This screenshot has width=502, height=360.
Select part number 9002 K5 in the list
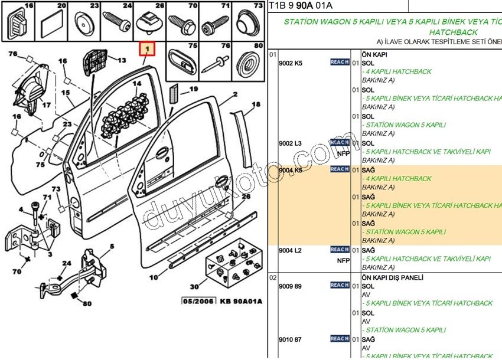point(290,63)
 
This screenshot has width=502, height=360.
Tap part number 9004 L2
point(290,250)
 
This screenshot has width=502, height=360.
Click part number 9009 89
point(290,286)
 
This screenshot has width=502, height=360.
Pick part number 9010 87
point(290,339)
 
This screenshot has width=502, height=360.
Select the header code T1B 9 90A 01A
point(301,6)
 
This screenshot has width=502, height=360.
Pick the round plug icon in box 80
point(247,62)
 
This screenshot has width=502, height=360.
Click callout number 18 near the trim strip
point(256,104)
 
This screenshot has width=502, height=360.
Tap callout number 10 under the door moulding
point(154,277)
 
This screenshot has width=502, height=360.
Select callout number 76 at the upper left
point(12,54)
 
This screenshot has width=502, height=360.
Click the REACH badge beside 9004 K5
point(339,169)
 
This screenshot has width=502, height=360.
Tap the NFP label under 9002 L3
point(343,153)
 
